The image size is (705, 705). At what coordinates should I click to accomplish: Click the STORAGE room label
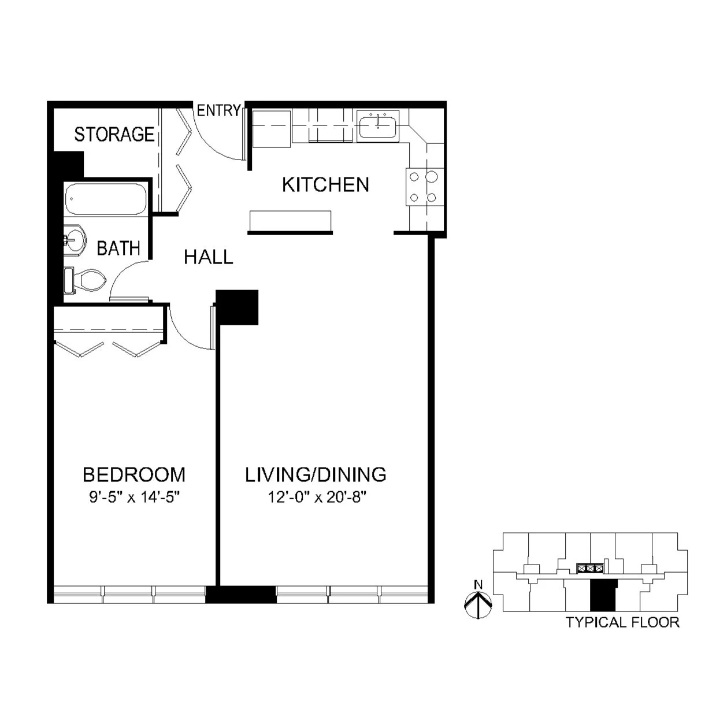(x=114, y=134)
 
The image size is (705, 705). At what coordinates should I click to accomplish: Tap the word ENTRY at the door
(x=218, y=110)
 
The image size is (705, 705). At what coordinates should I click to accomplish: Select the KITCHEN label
(x=325, y=184)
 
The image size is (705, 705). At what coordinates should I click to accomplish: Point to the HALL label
(x=208, y=257)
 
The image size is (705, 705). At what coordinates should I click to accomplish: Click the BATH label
(x=118, y=248)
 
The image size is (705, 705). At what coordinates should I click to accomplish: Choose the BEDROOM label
(x=134, y=474)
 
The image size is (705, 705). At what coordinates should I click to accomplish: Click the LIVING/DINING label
(x=316, y=474)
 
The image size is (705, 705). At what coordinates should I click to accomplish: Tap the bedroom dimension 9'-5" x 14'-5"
(x=134, y=497)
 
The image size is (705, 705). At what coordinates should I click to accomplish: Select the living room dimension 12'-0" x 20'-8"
(x=317, y=497)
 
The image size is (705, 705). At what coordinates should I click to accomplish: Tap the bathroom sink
(x=74, y=237)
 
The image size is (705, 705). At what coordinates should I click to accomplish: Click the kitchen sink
(x=377, y=125)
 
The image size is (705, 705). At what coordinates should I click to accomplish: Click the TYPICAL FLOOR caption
(x=622, y=622)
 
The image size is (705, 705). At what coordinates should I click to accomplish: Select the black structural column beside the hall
(x=238, y=307)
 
